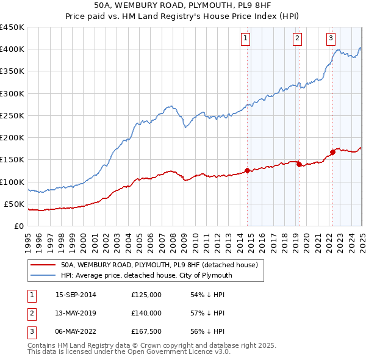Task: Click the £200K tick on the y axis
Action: coord(12,138)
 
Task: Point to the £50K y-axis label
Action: coord(14,204)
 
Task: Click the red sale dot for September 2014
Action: coord(247,171)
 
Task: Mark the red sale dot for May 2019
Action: coord(299,164)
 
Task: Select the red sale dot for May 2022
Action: coord(332,152)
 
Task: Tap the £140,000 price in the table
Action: coord(146,313)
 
